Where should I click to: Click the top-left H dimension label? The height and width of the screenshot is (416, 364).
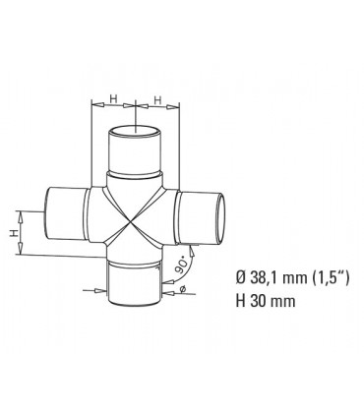[114, 98]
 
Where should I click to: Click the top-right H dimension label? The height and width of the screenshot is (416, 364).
[158, 98]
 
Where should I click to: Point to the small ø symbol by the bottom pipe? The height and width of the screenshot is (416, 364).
[183, 288]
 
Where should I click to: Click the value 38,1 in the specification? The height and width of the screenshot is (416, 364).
[259, 277]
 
